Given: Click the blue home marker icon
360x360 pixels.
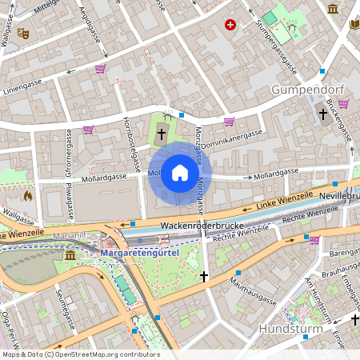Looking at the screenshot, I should tap(180, 173).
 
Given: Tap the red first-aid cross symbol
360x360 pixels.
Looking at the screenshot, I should tap(231, 26).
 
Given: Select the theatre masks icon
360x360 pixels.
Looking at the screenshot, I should tap(23, 34).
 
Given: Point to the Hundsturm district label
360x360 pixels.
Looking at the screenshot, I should tap(290, 329).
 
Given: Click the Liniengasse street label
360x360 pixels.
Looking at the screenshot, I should tap(24, 83).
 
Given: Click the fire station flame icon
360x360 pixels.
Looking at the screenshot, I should tap(29, 195).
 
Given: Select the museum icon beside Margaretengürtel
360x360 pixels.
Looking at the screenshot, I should tap(70, 254).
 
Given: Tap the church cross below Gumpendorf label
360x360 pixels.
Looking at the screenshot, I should tap(323, 114).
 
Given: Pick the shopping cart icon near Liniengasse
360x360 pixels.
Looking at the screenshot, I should tap(100, 69).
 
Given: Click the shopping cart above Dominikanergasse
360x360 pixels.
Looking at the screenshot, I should tap(230, 122).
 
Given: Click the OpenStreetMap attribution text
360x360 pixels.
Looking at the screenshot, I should tap(81, 354).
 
